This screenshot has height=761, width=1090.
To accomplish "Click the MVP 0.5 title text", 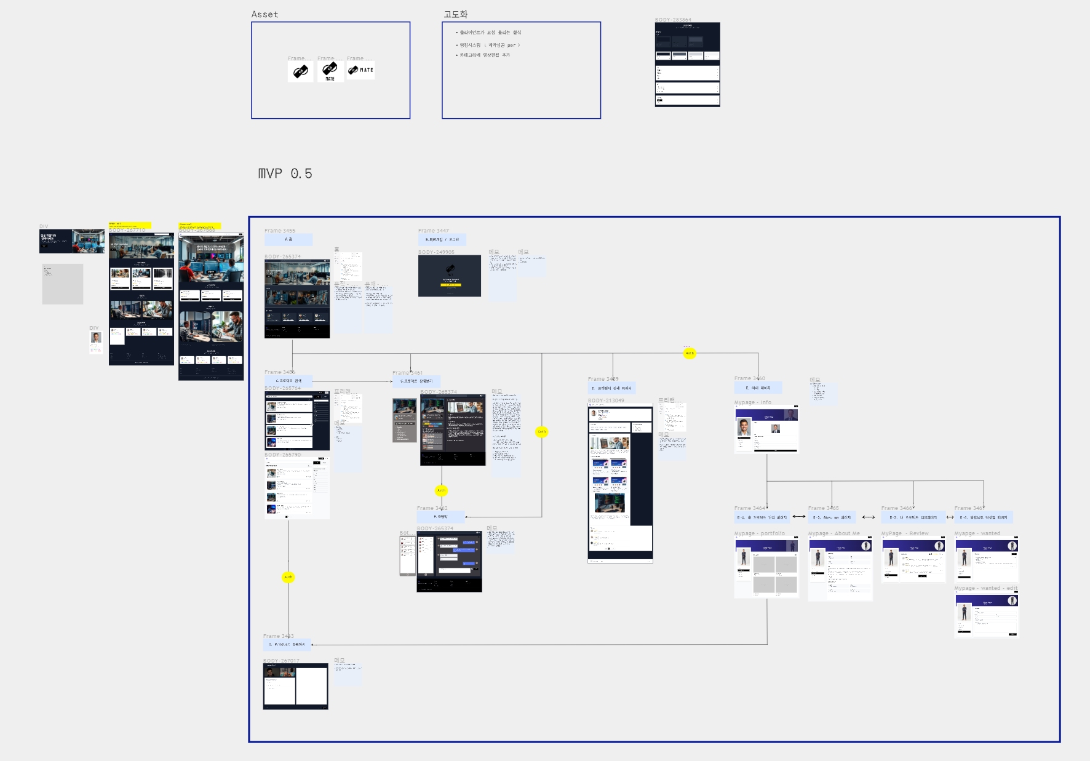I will [x=285, y=174].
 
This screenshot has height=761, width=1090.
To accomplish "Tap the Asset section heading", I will [x=265, y=14].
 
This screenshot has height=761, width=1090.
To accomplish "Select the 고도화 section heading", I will [x=455, y=14].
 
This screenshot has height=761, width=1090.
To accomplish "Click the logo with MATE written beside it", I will [x=360, y=70].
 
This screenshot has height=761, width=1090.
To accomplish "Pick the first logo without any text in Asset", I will [x=300, y=71].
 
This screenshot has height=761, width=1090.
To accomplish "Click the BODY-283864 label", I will [x=673, y=20].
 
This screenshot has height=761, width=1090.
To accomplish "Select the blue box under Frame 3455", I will [x=288, y=239].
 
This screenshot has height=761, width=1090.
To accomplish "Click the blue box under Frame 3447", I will [x=442, y=239].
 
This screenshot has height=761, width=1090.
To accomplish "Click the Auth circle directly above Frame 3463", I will [x=288, y=577].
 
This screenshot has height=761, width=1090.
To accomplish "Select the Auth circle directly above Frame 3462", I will [x=442, y=490].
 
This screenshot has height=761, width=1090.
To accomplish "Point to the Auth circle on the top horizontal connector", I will [x=690, y=353].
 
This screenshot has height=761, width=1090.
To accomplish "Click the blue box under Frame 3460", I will [x=758, y=388].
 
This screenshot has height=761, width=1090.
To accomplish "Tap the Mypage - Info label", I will [x=752, y=402].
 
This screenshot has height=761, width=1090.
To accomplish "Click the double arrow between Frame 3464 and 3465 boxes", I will [x=798, y=517].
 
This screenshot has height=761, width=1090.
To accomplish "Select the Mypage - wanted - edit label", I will [x=985, y=588].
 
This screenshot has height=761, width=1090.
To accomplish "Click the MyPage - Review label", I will [x=905, y=533].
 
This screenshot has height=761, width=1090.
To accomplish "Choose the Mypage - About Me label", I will [x=833, y=533].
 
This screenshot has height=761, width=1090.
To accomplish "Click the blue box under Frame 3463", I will [x=287, y=645].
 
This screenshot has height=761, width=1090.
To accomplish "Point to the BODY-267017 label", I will [x=281, y=660].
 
